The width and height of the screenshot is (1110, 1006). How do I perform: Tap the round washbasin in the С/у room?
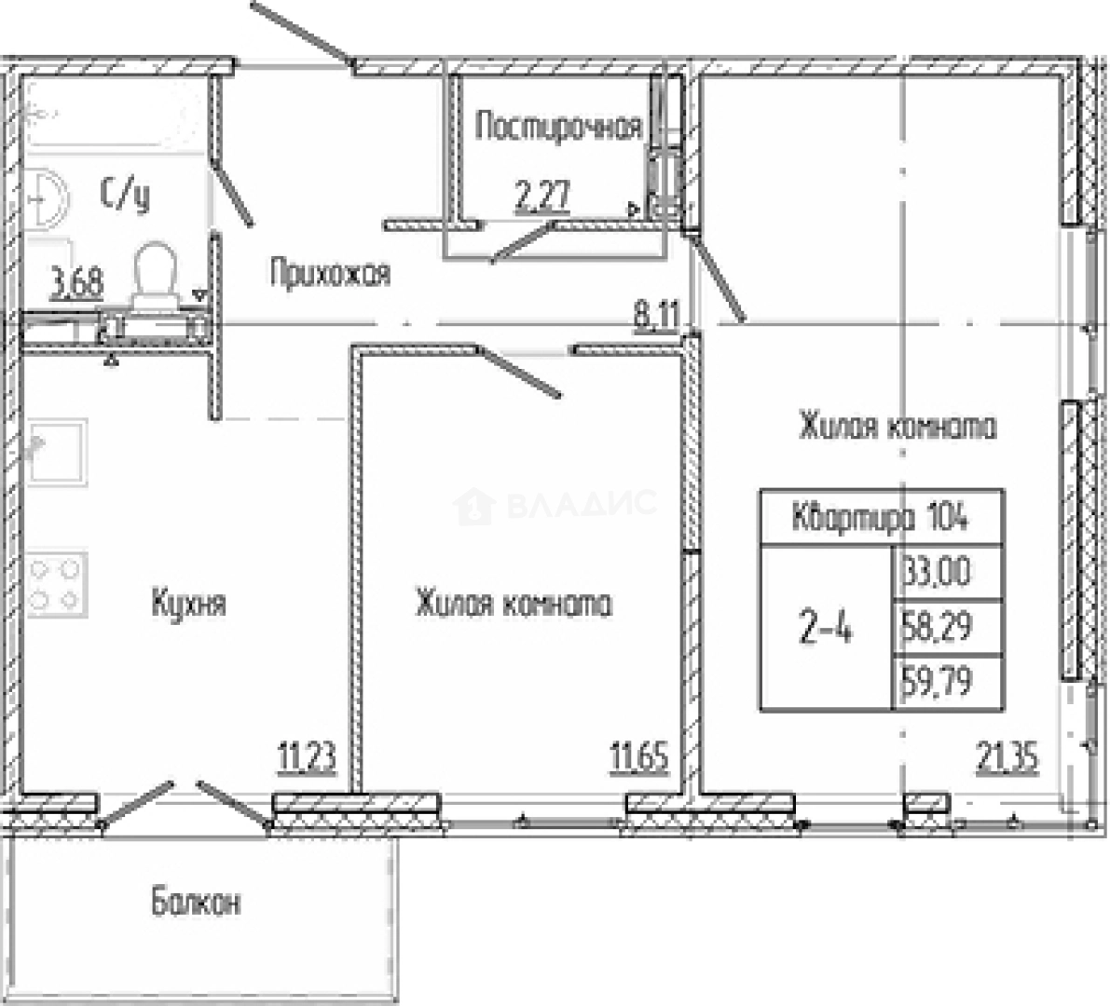(x=47, y=199)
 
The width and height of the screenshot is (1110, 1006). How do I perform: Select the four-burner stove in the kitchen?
(x=58, y=584)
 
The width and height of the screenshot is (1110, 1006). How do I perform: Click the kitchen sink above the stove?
(x=58, y=452)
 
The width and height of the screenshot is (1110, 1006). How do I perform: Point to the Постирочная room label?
(x=558, y=127)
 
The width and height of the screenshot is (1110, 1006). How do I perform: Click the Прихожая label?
(x=330, y=273)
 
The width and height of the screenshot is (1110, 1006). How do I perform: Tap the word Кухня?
(x=188, y=605)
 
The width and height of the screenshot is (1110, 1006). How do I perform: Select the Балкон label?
(x=196, y=902)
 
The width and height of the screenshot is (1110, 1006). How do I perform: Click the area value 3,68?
(x=76, y=283)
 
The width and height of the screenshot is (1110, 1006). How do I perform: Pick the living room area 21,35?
(x=1007, y=758)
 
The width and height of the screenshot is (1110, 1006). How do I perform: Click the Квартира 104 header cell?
(x=882, y=517)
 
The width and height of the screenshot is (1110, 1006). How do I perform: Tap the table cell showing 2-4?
(x=826, y=628)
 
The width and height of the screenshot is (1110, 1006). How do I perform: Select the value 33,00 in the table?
(x=948, y=572)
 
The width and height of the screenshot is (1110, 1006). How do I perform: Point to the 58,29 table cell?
(x=948, y=628)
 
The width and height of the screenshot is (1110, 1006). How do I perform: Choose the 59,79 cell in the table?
(x=948, y=682)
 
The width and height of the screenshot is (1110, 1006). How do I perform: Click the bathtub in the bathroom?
(x=117, y=114)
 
